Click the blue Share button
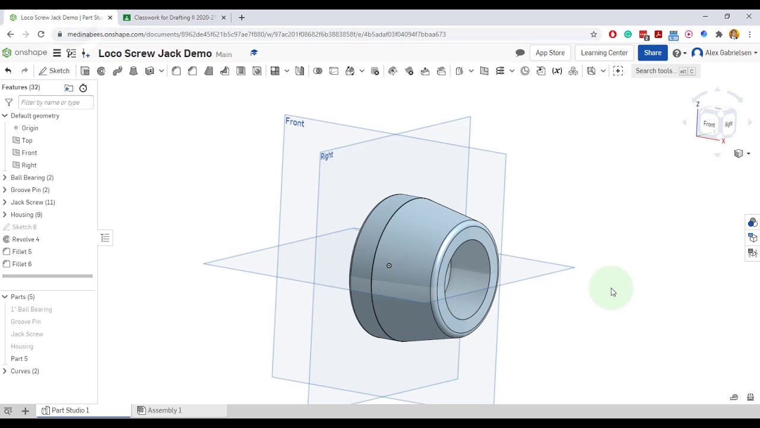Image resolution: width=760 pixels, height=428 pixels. [652, 53]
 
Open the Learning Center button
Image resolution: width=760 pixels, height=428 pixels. [604, 53]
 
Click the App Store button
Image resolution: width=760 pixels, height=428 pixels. [550, 53]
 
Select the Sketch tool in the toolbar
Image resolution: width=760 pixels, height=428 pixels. [54, 71]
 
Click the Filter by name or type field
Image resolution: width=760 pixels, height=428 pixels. [55, 102]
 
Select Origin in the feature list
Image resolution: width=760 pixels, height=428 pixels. [30, 128]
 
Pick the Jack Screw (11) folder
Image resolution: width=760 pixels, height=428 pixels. [33, 202]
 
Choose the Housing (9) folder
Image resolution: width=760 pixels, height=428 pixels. [26, 215]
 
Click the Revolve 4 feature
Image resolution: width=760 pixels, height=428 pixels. [26, 239]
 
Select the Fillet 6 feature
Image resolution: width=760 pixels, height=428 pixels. [22, 264]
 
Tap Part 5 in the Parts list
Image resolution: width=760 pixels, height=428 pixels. [19, 358]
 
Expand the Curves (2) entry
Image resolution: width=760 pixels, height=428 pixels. [5, 371]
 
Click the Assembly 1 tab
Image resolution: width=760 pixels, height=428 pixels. [164, 410]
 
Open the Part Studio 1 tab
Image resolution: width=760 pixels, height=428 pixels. [70, 410]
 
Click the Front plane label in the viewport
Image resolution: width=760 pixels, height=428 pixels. [294, 122]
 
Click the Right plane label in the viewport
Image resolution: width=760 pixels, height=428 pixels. [327, 156]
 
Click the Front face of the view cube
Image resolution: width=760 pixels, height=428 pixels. [709, 124]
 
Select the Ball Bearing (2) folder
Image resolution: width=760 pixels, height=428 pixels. [32, 177]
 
